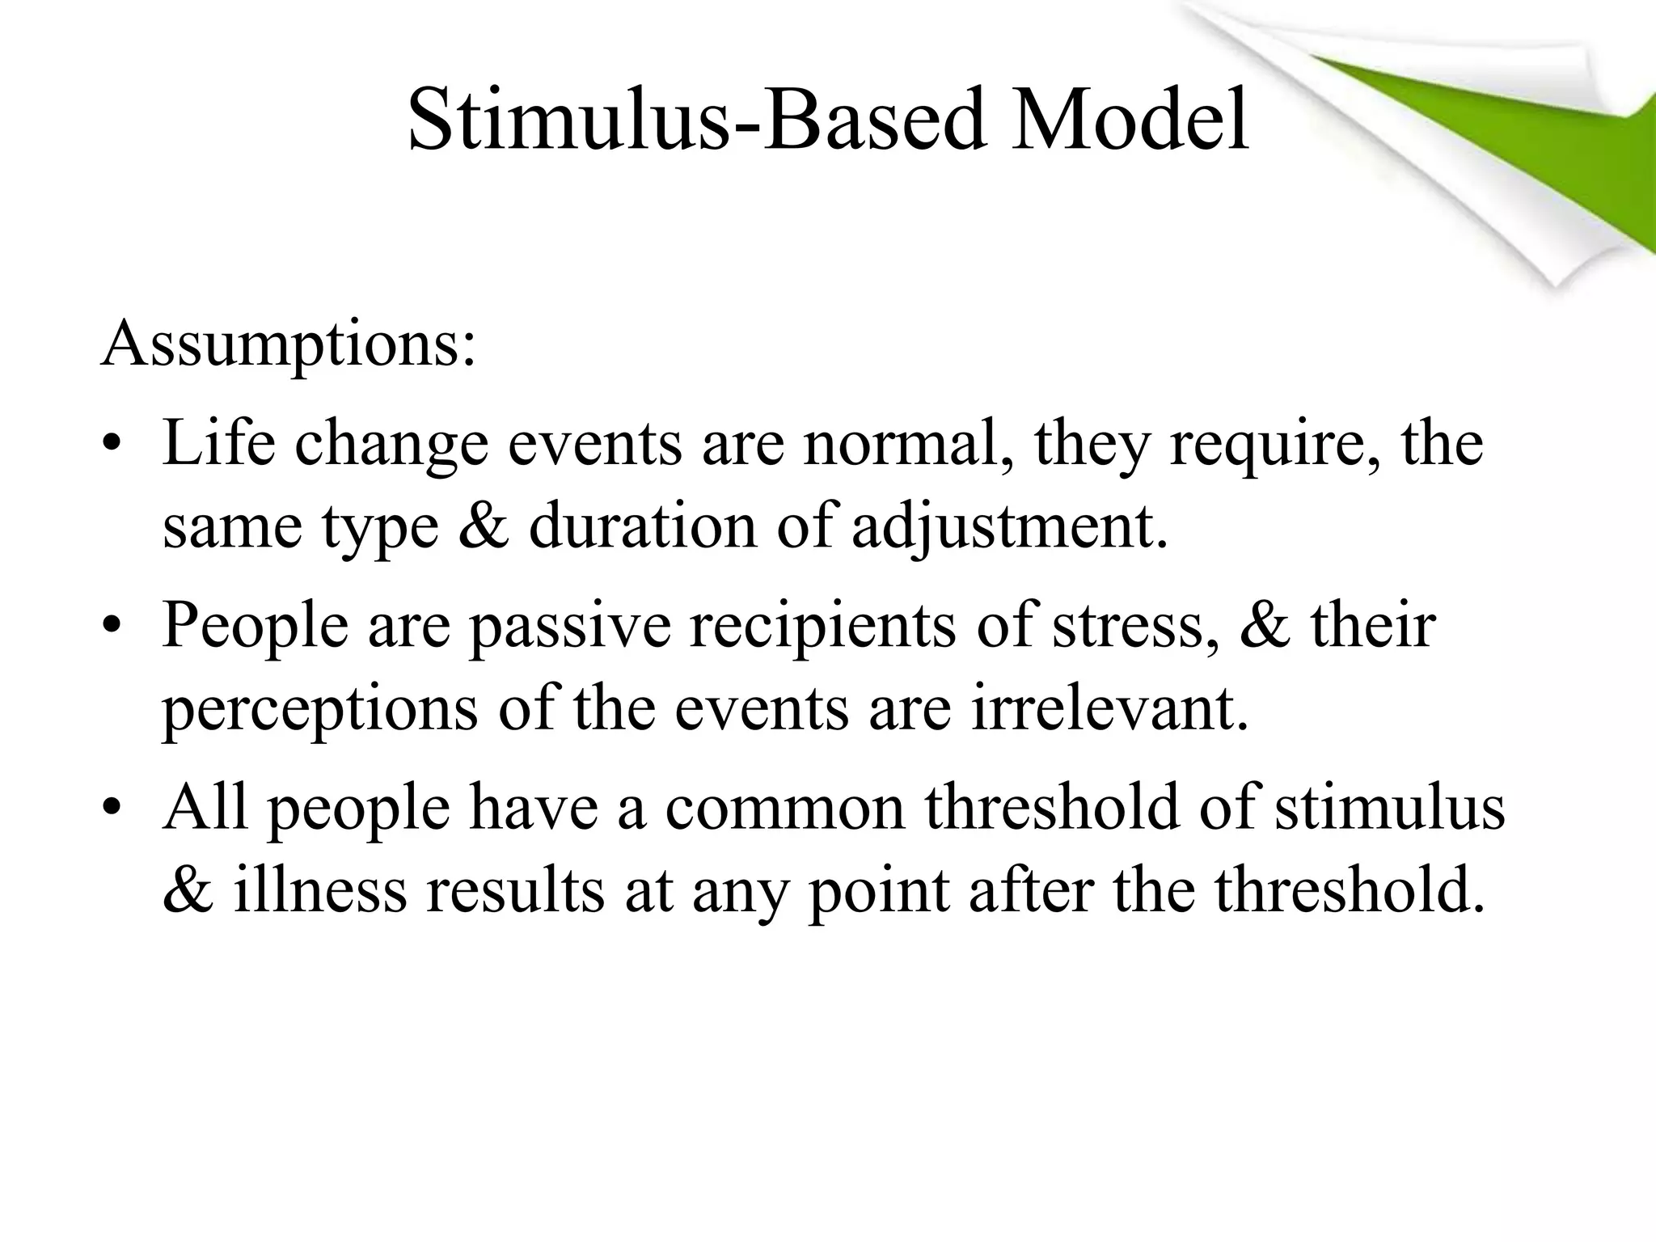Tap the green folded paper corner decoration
[x=1496, y=137]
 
